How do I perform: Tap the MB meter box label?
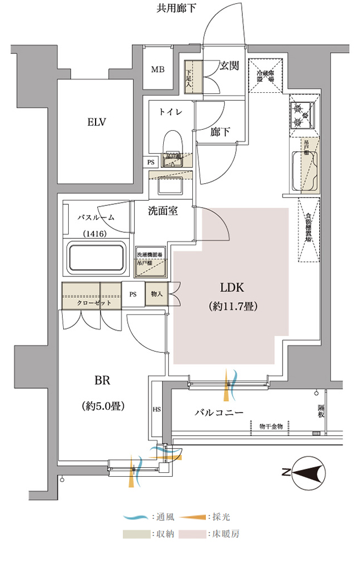[157, 70]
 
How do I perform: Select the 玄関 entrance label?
[230, 65]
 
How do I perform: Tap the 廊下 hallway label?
[220, 132]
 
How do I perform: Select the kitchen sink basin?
[302, 171]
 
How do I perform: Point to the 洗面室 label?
[163, 211]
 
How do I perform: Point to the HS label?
[157, 409]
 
